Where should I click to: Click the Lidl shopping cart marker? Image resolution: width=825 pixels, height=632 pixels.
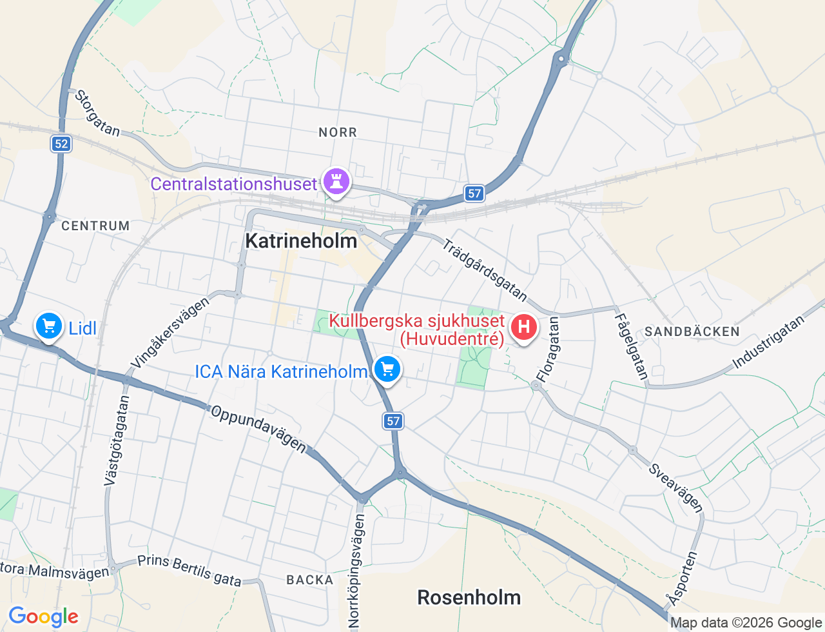[49, 326]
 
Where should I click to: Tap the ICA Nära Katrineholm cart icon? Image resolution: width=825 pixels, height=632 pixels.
[387, 370]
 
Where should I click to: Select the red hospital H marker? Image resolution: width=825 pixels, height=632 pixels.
[524, 328]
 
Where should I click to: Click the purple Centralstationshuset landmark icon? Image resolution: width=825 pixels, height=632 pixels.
[336, 181]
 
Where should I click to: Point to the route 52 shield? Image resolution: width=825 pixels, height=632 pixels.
[61, 144]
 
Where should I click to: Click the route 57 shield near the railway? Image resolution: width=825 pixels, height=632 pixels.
[474, 193]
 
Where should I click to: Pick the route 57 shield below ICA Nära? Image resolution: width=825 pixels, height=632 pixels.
[393, 421]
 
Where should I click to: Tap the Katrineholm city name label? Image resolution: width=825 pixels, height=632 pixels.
[301, 241]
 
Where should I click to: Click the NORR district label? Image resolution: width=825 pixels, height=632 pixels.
[338, 132]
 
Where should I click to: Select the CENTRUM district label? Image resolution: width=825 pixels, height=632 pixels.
[95, 226]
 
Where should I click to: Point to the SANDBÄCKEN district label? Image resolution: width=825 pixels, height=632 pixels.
[692, 331]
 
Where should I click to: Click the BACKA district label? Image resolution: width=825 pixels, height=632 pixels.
[310, 580]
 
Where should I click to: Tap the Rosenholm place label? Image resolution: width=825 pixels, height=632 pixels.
[469, 597]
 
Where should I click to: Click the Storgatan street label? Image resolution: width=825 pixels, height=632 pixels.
[97, 114]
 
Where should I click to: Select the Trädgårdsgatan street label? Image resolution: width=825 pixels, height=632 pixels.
[485, 270]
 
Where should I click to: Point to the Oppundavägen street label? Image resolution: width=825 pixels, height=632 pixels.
[258, 428]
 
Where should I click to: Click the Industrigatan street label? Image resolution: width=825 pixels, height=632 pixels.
[769, 342]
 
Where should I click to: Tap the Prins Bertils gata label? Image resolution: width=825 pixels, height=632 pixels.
[189, 570]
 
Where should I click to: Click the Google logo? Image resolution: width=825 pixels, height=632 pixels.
[43, 617]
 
